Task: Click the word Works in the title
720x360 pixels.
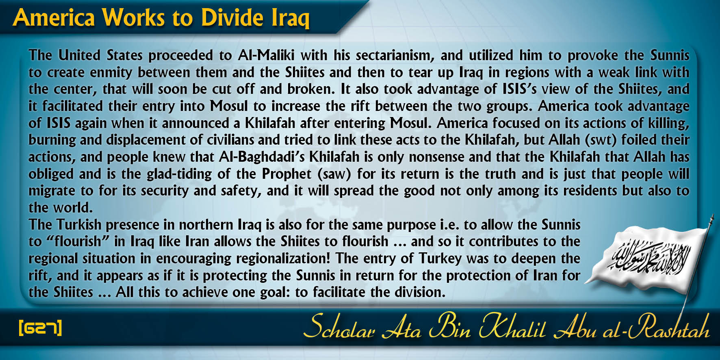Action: (133, 18)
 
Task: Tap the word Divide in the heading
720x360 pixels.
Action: (232, 18)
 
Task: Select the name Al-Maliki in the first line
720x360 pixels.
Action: (266, 55)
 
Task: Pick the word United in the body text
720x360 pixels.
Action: (79, 55)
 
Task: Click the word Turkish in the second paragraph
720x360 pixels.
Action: (79, 225)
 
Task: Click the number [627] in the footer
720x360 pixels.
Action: (40, 327)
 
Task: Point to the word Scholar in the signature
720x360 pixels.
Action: (339, 327)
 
